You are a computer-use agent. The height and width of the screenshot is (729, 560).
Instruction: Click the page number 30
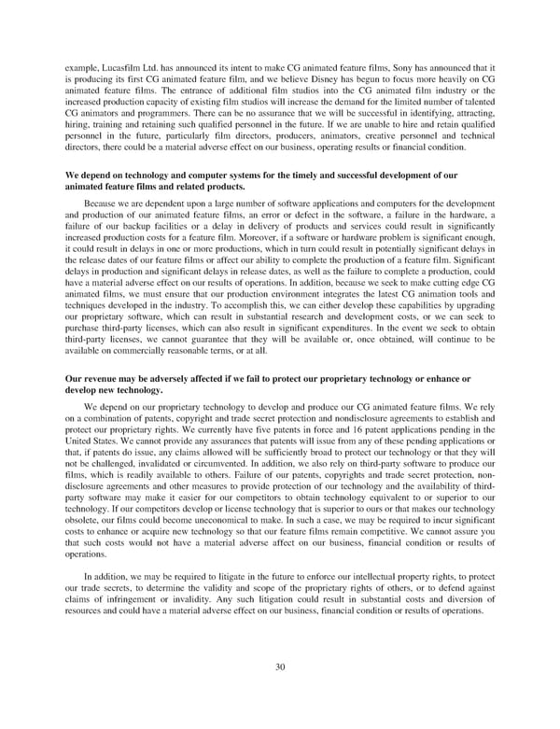click(279, 692)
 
